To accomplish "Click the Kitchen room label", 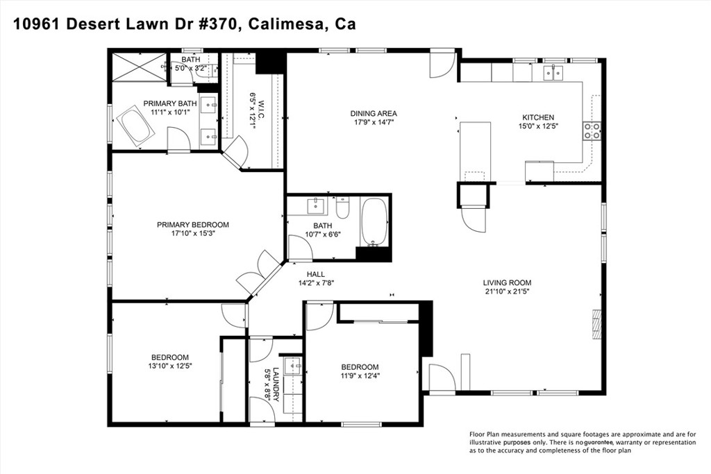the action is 538,117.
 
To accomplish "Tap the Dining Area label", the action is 374,113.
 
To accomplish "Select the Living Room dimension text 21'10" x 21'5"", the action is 507,291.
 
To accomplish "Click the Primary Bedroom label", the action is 193,225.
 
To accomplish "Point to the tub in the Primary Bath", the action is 135,126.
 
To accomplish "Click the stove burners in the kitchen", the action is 592,131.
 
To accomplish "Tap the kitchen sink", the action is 553,72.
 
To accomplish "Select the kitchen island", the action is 475,151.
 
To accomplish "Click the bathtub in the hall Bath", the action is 374,222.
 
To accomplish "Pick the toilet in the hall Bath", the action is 343,207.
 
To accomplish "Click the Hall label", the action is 316,274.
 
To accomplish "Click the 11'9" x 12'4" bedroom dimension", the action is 360,375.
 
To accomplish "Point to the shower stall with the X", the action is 139,67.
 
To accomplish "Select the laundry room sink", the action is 293,365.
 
